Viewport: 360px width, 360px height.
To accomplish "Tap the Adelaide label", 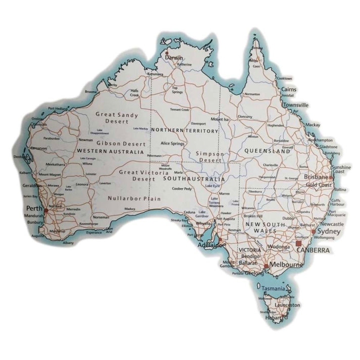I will coord(209,245).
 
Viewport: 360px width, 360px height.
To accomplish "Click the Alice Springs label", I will coord(172,143).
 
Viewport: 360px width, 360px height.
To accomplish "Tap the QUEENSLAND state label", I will coord(267,151).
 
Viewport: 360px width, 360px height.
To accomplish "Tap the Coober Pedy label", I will coord(182,189).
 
